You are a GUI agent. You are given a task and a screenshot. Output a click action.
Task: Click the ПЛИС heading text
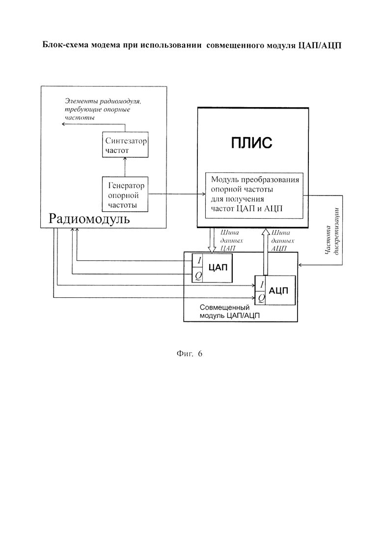(x=251, y=142)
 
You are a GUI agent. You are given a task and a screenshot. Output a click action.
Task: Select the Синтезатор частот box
(x=125, y=144)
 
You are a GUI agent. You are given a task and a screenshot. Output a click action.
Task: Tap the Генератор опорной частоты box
(x=125, y=194)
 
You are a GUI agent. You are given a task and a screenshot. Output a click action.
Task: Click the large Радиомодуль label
(x=89, y=219)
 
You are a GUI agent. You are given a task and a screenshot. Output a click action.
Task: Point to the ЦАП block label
(x=218, y=267)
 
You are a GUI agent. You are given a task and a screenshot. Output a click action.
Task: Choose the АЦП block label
(x=278, y=291)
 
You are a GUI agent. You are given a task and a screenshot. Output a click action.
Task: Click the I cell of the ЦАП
(x=197, y=260)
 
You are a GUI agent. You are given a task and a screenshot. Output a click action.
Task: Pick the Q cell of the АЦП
(x=261, y=298)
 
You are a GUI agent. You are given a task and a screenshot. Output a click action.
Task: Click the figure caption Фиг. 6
(x=189, y=353)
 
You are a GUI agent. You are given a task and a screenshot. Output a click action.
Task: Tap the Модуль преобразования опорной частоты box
(x=254, y=196)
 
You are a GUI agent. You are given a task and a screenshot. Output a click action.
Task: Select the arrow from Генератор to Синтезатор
(x=125, y=167)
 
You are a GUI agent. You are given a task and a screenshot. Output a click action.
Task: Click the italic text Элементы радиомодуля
(x=103, y=101)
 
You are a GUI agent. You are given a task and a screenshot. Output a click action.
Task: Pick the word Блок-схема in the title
(x=64, y=45)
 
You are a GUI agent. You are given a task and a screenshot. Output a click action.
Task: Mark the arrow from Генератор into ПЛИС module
(x=177, y=194)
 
